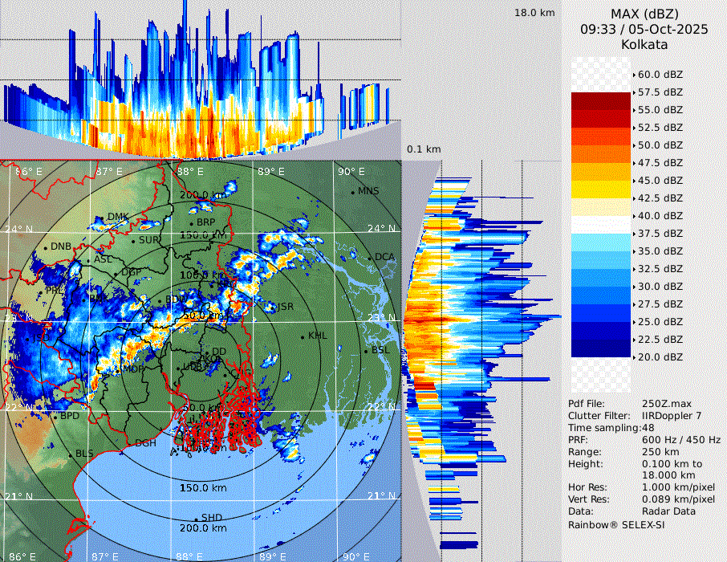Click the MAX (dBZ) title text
point(645,14)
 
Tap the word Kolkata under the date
point(645,45)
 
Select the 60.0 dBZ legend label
point(660,75)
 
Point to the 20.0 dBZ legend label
point(660,356)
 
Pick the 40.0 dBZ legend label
point(660,215)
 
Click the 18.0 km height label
point(534,13)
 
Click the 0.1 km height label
point(424,149)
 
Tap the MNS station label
point(368,191)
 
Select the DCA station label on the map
point(385,257)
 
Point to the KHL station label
point(318,336)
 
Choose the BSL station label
point(380,351)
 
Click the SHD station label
point(211,517)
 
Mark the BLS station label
point(84,454)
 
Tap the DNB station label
point(62,246)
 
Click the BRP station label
point(206,222)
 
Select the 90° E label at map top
point(351,171)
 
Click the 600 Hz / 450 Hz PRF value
point(681,440)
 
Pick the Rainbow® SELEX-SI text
point(616,524)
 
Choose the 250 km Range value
point(659,452)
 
